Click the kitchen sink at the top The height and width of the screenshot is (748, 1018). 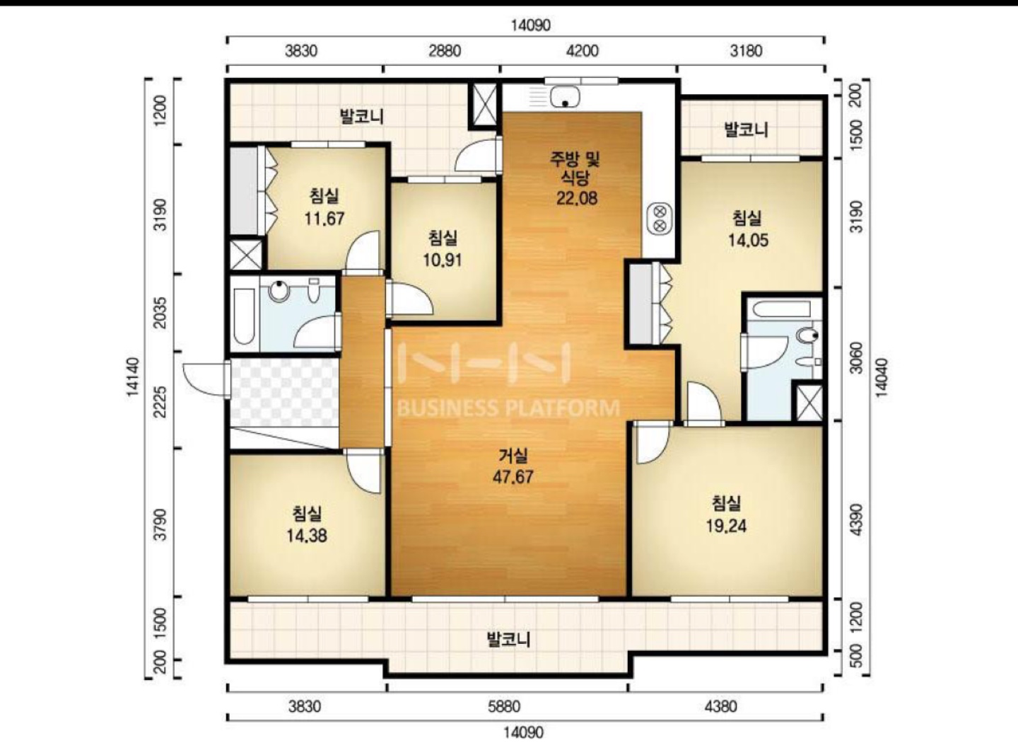tap(565, 97)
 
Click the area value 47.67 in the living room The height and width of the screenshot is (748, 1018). tap(513, 477)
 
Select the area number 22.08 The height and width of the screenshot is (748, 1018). tap(577, 198)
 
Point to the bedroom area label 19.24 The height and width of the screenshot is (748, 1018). tap(726, 526)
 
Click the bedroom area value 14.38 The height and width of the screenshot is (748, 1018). tap(307, 536)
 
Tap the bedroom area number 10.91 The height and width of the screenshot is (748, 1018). tap(443, 260)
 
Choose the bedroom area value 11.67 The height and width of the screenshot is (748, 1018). tap(324, 219)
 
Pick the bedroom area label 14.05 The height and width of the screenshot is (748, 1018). tap(749, 240)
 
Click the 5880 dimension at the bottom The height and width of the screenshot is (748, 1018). tap(504, 706)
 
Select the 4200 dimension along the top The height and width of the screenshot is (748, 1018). tap(583, 50)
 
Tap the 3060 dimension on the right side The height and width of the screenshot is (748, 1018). tap(856, 357)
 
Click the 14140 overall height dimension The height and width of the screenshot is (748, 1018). tap(132, 377)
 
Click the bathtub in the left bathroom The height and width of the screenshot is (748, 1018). tap(244, 316)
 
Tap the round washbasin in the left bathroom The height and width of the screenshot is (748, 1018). tap(279, 291)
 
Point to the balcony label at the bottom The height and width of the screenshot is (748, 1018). tap(508, 639)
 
